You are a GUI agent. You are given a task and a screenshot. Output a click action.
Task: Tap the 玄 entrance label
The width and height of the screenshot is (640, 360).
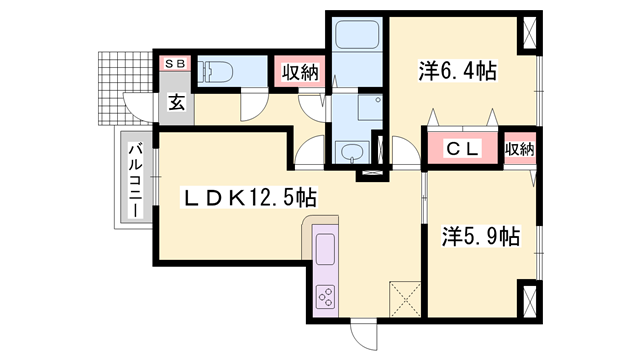point(175,101)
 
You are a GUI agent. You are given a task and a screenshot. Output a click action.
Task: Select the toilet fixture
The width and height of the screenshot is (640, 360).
point(215,71)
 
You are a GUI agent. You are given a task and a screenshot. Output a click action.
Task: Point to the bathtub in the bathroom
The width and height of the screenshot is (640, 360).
point(355,40)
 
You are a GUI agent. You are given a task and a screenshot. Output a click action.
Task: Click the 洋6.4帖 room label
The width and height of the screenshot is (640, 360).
point(457,71)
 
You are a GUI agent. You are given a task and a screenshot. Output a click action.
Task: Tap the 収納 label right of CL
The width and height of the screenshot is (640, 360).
point(519,149)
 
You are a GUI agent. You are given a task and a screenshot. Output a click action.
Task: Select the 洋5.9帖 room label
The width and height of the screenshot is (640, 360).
point(480,237)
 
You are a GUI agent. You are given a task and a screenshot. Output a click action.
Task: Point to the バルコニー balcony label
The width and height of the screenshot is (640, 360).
point(133,181)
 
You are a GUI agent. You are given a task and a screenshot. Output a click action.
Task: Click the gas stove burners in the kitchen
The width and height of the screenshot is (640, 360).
point(327,296)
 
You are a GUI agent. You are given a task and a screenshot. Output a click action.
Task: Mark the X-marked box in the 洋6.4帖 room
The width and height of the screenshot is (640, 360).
point(527,36)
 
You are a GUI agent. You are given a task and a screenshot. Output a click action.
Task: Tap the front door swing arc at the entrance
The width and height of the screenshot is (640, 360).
point(136,105)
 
